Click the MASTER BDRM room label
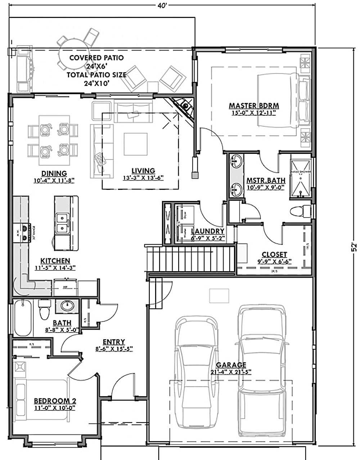tap(254, 106)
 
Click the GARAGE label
tap(231, 365)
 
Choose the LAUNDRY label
tap(208, 231)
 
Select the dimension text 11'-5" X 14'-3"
tap(55, 268)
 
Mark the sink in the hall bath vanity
tap(67, 306)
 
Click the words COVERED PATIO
tap(96, 58)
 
